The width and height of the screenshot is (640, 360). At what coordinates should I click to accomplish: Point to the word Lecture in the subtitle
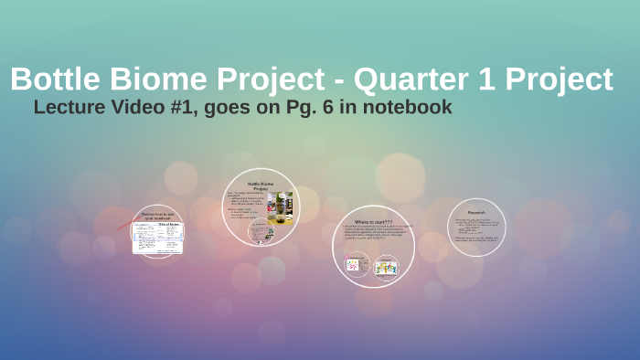(69, 107)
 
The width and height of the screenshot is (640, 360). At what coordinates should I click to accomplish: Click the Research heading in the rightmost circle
(476, 212)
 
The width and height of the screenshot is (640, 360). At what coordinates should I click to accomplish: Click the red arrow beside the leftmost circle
(123, 225)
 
